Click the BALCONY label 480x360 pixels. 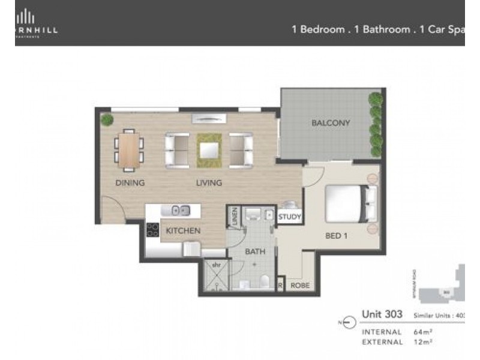(x=331, y=123)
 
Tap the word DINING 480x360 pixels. (x=130, y=183)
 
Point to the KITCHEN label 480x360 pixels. (x=183, y=230)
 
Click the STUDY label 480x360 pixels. (x=290, y=217)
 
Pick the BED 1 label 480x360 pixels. (x=337, y=236)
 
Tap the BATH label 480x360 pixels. (x=255, y=253)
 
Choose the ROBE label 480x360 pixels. (x=300, y=286)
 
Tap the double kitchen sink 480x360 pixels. (x=181, y=210)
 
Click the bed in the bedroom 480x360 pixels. (x=351, y=205)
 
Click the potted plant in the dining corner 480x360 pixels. (x=107, y=119)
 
